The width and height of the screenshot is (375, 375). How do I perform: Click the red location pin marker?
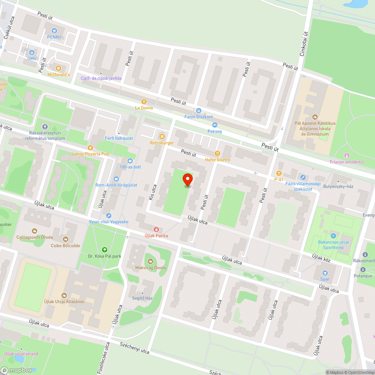coord(187,180)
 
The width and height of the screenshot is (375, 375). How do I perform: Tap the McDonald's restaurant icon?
coord(58,68)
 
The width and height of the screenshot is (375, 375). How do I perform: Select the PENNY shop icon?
coord(54,30)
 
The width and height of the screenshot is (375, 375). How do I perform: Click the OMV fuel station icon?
coord(31,52)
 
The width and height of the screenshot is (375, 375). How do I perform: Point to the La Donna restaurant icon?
coord(144,101)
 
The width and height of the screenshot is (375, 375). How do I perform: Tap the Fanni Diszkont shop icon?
coord(198,111)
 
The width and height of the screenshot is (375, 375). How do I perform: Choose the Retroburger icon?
coord(162,136)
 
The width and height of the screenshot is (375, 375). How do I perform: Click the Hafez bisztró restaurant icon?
coord(217,153)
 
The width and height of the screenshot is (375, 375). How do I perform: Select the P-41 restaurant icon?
coord(279,173)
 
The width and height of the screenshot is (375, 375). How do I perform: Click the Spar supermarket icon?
coord(325,273)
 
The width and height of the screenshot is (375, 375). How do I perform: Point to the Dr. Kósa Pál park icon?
coord(104,250)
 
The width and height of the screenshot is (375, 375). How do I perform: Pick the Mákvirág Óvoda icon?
coord(150,261)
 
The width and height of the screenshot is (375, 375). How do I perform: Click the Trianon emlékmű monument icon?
coord(346,155)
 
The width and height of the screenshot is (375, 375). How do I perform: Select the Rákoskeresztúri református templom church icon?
coord(45,127)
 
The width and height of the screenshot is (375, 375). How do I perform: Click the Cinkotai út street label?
coord(303,44)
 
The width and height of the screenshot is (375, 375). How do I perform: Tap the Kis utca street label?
coord(153,192)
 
